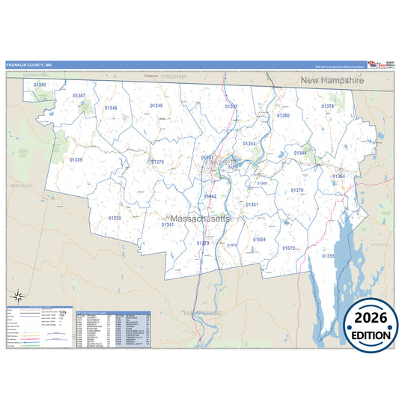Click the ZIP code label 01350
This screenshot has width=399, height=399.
[x=40, y=85]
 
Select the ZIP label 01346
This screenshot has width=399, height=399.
[x=111, y=108]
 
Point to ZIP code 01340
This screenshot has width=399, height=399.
[x=156, y=106]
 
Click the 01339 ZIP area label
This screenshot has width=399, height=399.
[x=76, y=159]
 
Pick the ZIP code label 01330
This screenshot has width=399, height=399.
[x=115, y=218]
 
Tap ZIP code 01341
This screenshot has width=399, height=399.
[x=167, y=225]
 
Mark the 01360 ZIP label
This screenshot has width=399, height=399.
[x=283, y=115]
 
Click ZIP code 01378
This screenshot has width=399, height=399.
[x=327, y=106]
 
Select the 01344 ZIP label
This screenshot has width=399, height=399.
[x=300, y=153]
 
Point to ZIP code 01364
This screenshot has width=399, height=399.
[x=339, y=177]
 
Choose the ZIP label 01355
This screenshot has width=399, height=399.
[x=328, y=256]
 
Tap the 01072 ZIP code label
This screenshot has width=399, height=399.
[x=289, y=248]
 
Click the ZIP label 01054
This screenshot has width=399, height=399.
[x=259, y=239]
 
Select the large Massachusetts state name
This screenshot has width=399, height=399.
[x=196, y=218]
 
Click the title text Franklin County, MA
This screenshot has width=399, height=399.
[x=29, y=64]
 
